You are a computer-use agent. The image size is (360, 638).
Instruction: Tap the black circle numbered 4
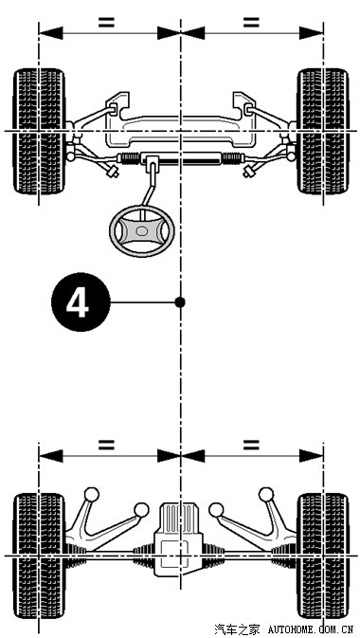point(81,301)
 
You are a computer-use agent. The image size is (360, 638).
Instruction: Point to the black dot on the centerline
point(180,301)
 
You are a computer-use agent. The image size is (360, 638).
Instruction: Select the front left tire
point(39,131)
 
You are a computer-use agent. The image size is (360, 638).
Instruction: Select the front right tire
point(323,131)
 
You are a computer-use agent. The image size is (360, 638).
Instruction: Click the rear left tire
point(39,556)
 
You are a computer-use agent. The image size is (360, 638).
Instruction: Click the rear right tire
point(323,556)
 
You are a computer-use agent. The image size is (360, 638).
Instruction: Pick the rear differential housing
point(179,539)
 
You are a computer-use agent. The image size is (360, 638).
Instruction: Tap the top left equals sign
point(106,22)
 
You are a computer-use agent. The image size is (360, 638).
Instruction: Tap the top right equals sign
point(251,22)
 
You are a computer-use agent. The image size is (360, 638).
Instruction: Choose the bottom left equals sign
point(106,445)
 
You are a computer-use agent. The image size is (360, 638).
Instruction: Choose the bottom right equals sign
point(251,445)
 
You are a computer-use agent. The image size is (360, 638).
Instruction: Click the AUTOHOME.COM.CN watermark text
point(311,630)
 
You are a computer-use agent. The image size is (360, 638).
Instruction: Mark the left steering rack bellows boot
point(129,158)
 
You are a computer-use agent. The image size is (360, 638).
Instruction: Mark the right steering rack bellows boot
point(233,158)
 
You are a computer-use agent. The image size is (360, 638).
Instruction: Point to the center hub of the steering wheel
point(142,230)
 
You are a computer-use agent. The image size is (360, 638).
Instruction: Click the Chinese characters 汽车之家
point(237,630)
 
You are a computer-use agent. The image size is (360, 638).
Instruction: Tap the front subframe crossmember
point(180,131)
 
